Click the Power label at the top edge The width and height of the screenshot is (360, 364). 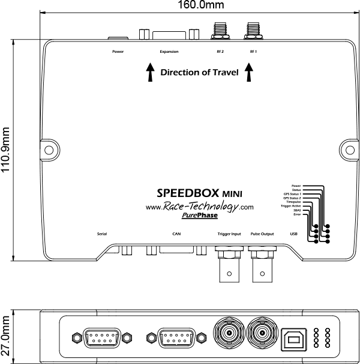tap(118, 52)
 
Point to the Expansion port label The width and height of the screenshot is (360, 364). tap(169, 52)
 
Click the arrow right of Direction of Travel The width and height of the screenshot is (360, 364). tap(248, 73)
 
